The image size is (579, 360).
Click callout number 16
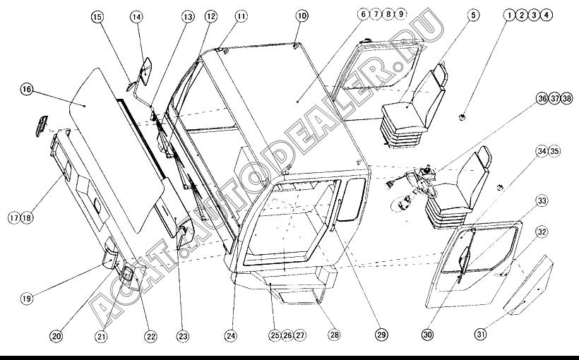coord(27,90)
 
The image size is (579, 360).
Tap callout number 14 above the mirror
coord(136,17)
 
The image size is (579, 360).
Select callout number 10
coord(302,16)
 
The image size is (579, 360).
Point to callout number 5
coord(473,15)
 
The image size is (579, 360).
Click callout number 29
coord(381,335)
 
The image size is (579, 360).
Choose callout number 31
coord(480,335)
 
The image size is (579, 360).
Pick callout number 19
coord(26,298)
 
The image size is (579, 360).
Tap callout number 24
coord(231,335)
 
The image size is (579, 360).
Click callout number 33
coord(542,201)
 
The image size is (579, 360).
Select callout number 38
coord(567,98)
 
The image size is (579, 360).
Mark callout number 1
coord(510,15)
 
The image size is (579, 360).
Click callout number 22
coord(150,337)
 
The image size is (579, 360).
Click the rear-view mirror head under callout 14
coord(145,71)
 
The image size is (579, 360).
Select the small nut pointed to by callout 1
coord(461,117)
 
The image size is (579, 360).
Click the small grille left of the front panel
coord(42,126)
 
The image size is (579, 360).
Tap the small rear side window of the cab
coord(353,199)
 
